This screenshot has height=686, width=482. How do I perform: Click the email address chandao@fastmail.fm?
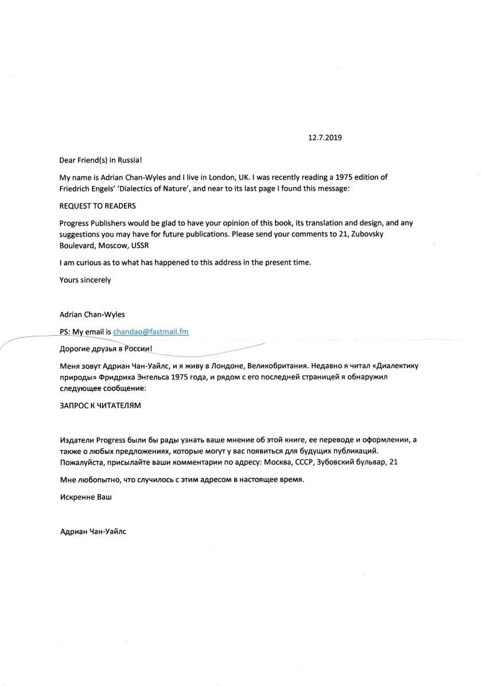coord(151,332)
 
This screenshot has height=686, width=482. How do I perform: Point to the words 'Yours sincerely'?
coord(85,280)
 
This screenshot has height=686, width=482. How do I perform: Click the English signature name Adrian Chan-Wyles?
coord(92,315)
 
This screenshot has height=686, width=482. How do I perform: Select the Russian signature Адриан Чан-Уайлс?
coord(93,532)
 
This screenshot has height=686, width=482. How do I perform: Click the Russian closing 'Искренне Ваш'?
coord(85,497)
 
